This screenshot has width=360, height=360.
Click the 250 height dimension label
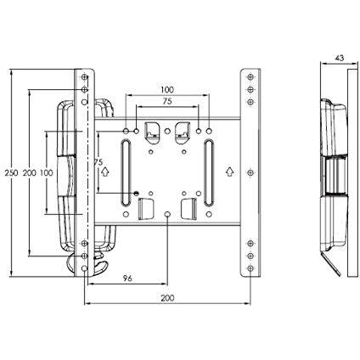(10, 172)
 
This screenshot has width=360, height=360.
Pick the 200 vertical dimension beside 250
(29, 172)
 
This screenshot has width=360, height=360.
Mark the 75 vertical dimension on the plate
(98, 161)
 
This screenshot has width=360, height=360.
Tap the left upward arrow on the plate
(104, 170)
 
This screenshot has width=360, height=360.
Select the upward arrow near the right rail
(231, 170)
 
